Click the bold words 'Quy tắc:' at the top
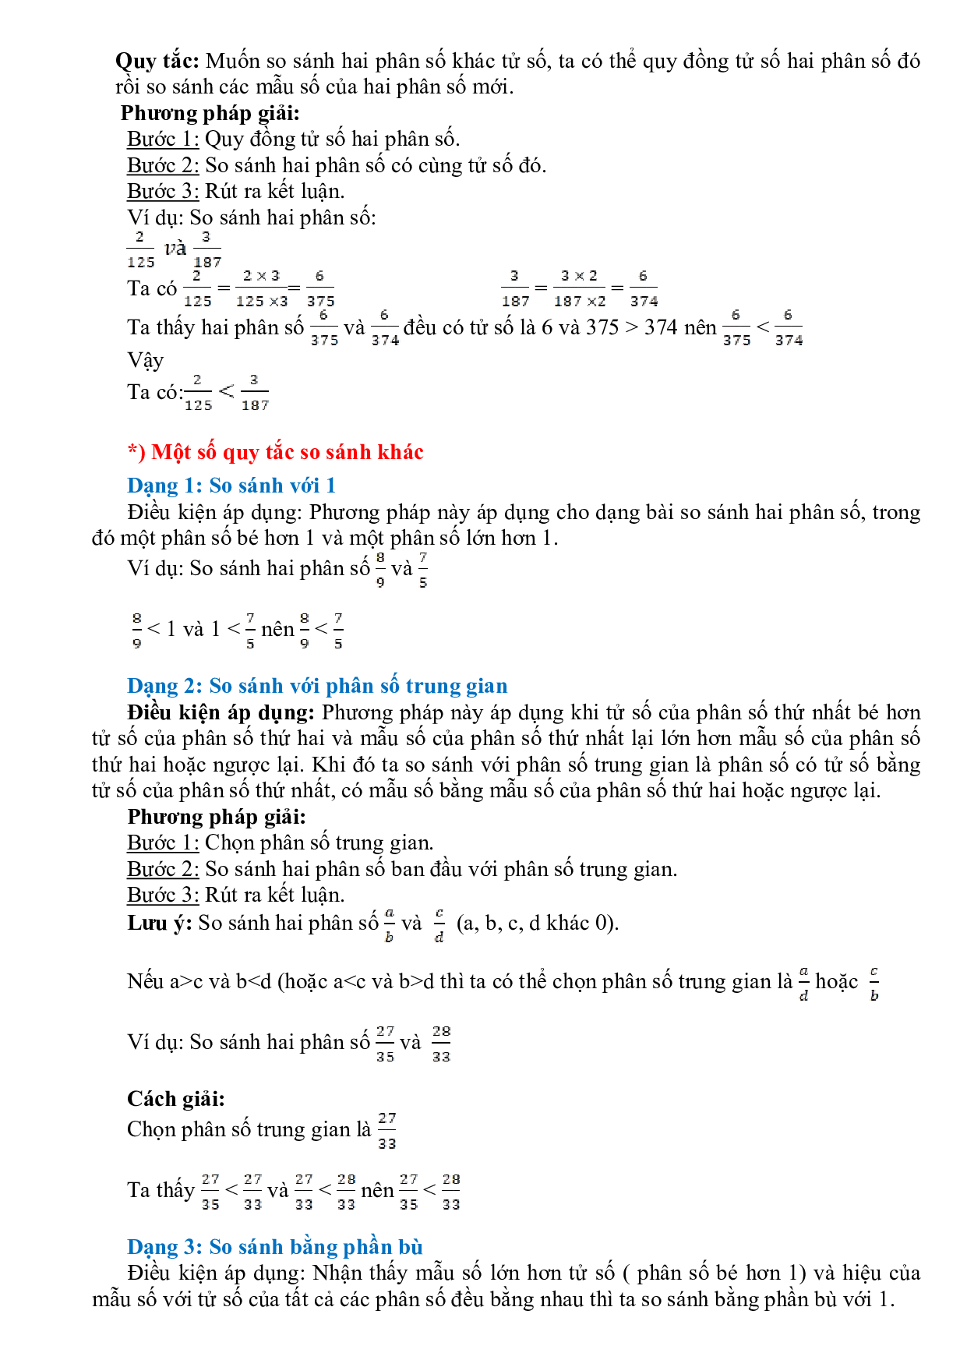[157, 61]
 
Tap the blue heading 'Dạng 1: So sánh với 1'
[231, 486]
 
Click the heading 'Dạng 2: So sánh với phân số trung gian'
[317, 686]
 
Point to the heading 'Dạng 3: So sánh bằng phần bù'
[274, 1247]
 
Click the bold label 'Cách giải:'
[176, 1099]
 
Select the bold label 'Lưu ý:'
[159, 924]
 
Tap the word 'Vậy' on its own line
[146, 361]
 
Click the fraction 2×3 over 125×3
[261, 288]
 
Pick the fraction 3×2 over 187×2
[579, 288]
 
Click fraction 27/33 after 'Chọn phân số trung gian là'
[387, 1131]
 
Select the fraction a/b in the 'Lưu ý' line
[390, 925]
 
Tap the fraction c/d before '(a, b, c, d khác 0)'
[439, 925]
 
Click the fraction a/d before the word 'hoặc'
[803, 984]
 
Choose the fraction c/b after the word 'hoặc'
[874, 984]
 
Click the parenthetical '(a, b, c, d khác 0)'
[538, 924]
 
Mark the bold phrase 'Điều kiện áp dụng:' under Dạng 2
[221, 712]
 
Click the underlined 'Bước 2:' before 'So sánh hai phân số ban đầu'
[163, 869]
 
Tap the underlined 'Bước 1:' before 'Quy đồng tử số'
[163, 140]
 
